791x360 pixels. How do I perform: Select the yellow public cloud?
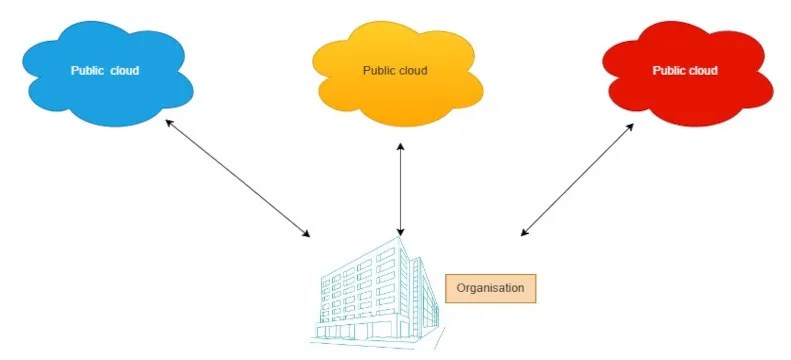[394, 95]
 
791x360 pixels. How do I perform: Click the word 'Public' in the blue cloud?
[87, 71]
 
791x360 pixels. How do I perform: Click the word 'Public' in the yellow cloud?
[378, 71]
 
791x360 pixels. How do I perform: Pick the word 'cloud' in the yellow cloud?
[413, 71]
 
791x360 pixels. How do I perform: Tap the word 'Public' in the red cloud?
[668, 71]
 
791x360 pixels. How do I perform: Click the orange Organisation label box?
[490, 288]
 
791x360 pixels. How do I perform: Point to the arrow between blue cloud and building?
[238, 178]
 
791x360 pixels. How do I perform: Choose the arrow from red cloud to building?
[577, 180]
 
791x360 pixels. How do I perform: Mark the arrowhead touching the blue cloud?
[169, 122]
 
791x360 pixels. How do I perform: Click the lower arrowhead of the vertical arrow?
[400, 233]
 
